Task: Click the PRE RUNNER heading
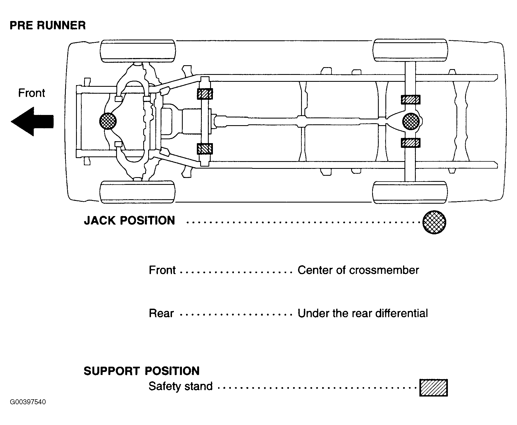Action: click(48, 25)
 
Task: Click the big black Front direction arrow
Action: click(32, 122)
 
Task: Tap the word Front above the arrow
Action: click(32, 93)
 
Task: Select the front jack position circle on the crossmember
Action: click(108, 121)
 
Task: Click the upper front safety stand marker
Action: click(205, 94)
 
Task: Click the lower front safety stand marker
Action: click(205, 149)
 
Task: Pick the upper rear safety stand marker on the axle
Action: click(411, 99)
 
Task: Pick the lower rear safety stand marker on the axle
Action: click(411, 143)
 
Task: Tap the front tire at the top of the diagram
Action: click(138, 51)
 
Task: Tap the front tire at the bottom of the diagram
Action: click(138, 192)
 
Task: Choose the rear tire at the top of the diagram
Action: click(410, 51)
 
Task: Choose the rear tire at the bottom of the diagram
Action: click(410, 193)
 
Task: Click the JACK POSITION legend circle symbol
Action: click(434, 222)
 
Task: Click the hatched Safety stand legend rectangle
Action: click(434, 388)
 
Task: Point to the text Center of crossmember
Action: click(358, 270)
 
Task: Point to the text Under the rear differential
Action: click(363, 313)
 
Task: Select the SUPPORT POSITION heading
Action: click(142, 371)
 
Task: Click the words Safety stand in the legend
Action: click(181, 386)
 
